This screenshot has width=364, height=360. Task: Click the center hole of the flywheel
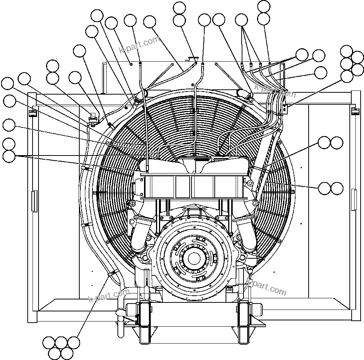194,258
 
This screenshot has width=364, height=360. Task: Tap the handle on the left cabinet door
34,201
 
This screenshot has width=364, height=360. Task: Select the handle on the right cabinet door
354,200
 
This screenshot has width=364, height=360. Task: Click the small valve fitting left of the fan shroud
92,117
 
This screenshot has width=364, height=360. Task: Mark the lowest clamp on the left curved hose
111,275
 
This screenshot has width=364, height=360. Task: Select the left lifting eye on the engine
131,203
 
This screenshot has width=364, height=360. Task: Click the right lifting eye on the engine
256,203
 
